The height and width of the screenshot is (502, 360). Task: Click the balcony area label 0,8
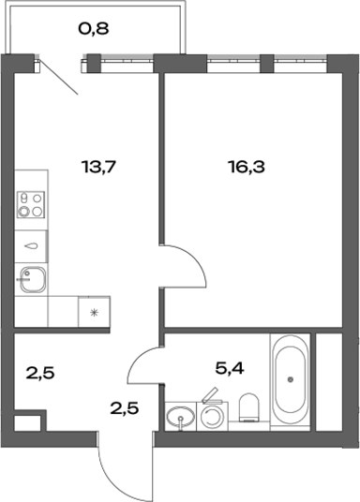(93, 28)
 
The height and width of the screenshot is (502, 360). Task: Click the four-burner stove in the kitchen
(31, 205)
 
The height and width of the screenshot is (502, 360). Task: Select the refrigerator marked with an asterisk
(94, 311)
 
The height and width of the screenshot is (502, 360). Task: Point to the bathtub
(291, 379)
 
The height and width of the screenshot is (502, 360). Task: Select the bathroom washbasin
(179, 417)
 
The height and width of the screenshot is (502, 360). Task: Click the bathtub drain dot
(291, 379)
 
